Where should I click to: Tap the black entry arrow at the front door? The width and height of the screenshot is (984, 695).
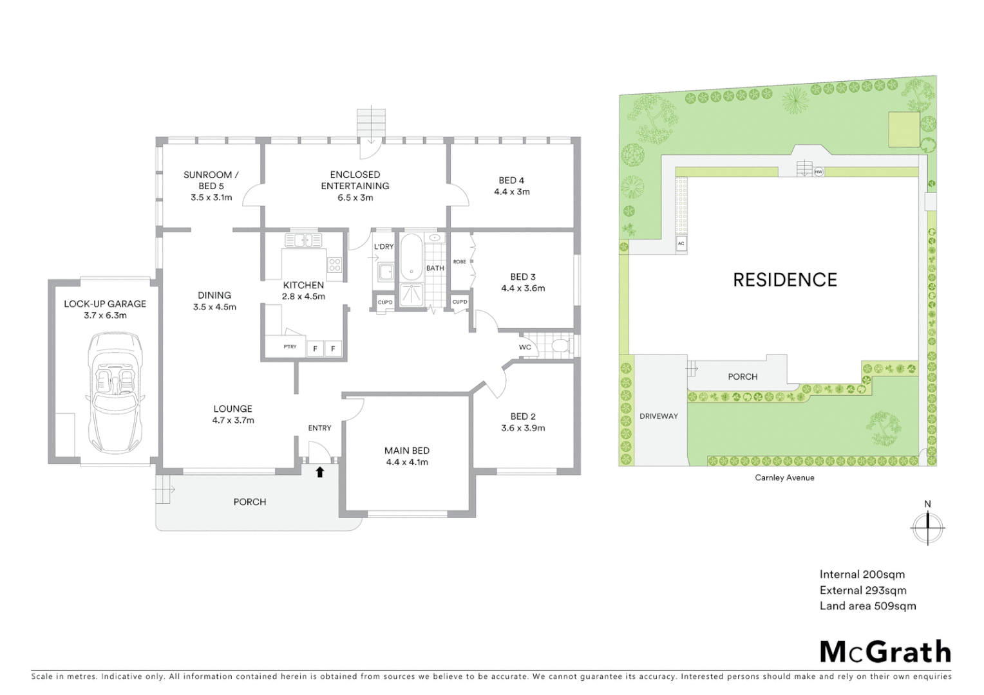click(319, 472)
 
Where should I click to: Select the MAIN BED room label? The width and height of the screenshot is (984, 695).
click(407, 450)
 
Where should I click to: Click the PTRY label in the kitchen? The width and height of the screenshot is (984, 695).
click(290, 347)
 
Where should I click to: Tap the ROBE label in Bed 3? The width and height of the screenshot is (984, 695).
click(459, 262)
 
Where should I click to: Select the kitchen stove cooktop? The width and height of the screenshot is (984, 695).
click(334, 264)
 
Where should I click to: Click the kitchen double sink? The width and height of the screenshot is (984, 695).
click(303, 241)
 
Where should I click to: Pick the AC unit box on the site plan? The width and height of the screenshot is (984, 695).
click(681, 243)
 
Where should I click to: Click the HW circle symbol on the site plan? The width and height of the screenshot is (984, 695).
click(818, 172)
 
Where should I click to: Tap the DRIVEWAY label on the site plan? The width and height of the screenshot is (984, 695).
click(659, 416)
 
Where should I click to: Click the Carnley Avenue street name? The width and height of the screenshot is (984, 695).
click(784, 477)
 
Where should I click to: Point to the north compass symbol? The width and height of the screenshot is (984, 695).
click(927, 526)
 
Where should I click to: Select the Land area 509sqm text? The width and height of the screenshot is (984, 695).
click(867, 606)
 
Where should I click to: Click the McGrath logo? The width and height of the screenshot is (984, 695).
click(885, 651)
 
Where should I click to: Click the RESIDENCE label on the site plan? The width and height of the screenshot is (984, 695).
click(785, 279)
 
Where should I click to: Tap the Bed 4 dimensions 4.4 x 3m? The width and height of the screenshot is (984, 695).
click(512, 192)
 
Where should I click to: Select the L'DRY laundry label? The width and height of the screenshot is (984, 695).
click(384, 246)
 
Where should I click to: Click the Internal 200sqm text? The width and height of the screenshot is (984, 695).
click(862, 575)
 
